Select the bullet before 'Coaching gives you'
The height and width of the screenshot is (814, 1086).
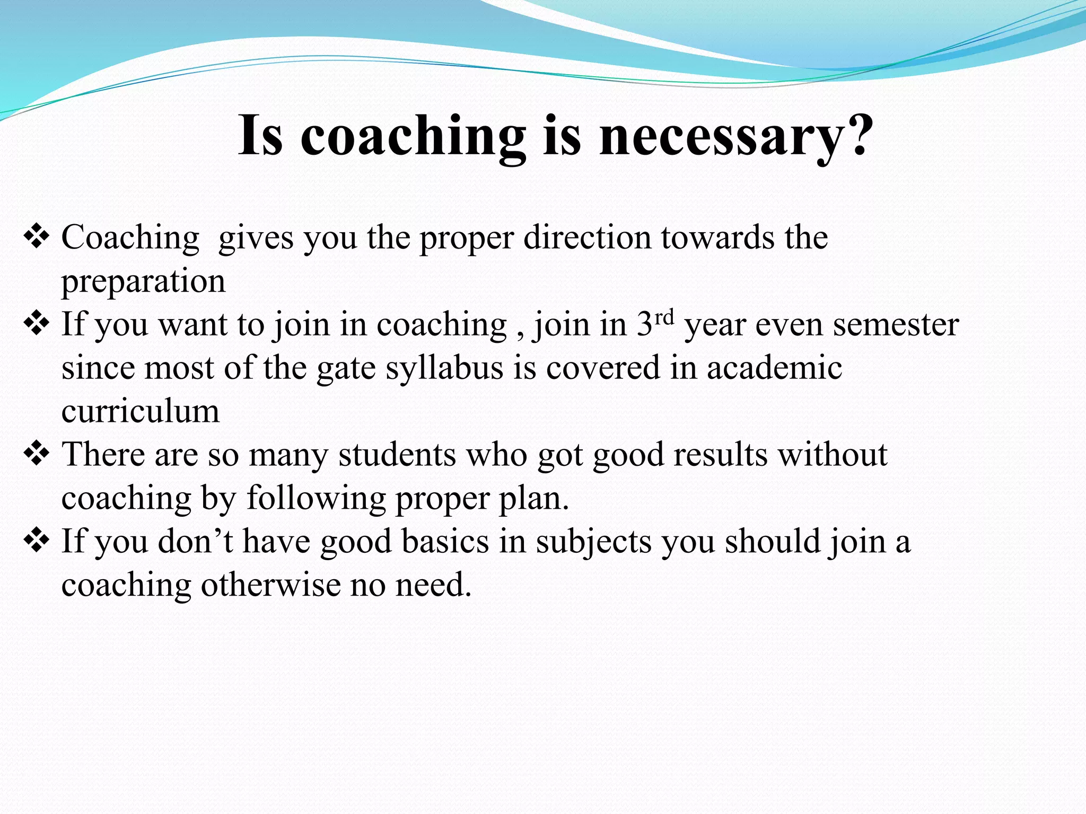(37, 236)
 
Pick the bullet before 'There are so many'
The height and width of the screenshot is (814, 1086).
(37, 454)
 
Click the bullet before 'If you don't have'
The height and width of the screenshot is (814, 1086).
(37, 541)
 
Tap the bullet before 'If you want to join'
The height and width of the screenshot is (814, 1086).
(37, 323)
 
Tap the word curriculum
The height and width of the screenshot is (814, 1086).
(141, 411)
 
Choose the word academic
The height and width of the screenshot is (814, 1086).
(774, 368)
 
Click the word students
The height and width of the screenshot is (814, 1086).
(397, 455)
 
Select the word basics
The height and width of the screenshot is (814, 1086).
(445, 542)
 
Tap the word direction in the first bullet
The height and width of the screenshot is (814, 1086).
(587, 237)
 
